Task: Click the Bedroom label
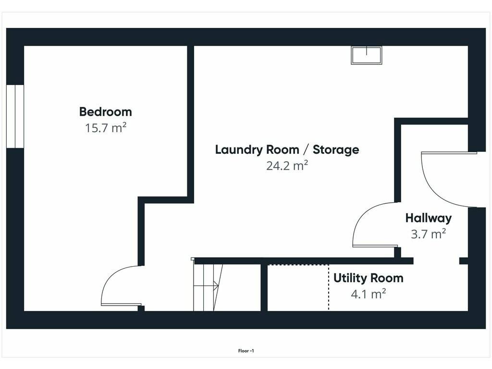[x=105, y=111]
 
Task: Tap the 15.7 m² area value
[x=106, y=128]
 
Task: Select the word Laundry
[x=240, y=150]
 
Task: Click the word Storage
[x=336, y=150]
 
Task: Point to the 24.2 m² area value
[x=287, y=165]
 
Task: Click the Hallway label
[x=428, y=218]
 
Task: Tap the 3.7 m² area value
[x=428, y=234]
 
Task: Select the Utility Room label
[x=369, y=278]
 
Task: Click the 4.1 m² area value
[x=369, y=294]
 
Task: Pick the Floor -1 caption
[x=246, y=351]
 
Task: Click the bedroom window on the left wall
[x=15, y=116]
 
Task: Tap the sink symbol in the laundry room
[x=367, y=55]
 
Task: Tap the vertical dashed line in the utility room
[x=329, y=288]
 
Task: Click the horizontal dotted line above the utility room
[x=298, y=265]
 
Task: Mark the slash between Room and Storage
[x=306, y=150]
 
